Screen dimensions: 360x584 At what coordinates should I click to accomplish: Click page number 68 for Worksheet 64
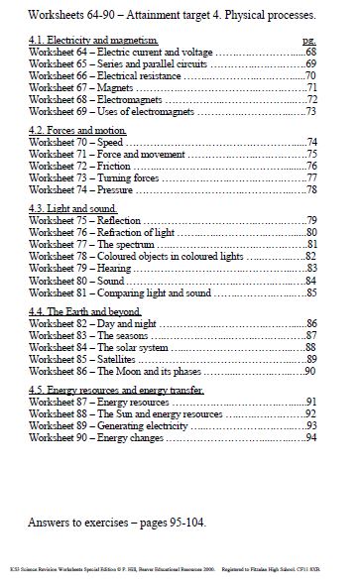[x=310, y=51]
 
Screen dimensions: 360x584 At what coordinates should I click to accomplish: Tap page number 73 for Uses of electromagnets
[x=310, y=111]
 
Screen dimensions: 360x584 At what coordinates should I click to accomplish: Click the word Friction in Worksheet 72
[x=112, y=168]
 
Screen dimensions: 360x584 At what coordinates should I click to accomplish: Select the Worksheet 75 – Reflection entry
[x=78, y=219]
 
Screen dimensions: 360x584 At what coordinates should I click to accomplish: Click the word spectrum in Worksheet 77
[x=132, y=243]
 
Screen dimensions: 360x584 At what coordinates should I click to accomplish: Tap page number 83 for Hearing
[x=310, y=268]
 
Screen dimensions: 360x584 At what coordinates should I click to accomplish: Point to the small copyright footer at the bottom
[x=180, y=572]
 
